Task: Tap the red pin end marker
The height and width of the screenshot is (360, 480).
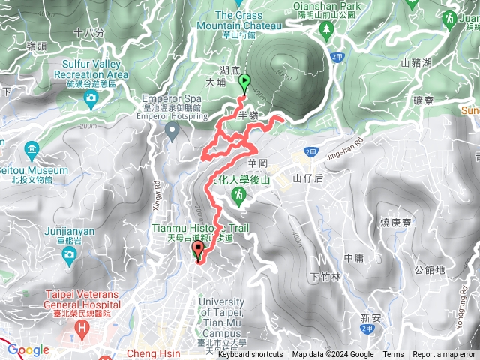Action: point(199,250)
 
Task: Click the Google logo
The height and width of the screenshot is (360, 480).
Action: point(28,350)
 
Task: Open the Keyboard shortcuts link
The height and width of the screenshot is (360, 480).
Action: point(250,355)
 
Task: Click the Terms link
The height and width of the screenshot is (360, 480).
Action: point(393,355)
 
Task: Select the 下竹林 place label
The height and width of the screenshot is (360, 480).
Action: point(325,276)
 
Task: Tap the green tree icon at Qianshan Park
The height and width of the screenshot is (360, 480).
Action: point(326,30)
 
